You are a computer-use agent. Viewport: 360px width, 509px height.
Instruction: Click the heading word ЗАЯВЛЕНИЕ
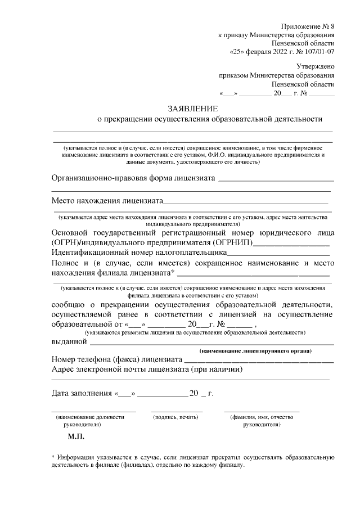pos(192,108)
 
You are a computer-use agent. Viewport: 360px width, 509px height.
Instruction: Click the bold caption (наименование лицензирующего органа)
pos(263,351)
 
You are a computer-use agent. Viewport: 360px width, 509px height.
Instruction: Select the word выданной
pos(69,341)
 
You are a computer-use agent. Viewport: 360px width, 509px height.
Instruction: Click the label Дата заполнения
pos(81,393)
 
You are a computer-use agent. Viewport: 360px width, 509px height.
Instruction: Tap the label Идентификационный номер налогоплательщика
pos(138,253)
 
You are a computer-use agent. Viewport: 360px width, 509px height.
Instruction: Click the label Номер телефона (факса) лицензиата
pos(116,359)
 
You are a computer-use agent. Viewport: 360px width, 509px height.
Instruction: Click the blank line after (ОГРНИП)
pos(291,244)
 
